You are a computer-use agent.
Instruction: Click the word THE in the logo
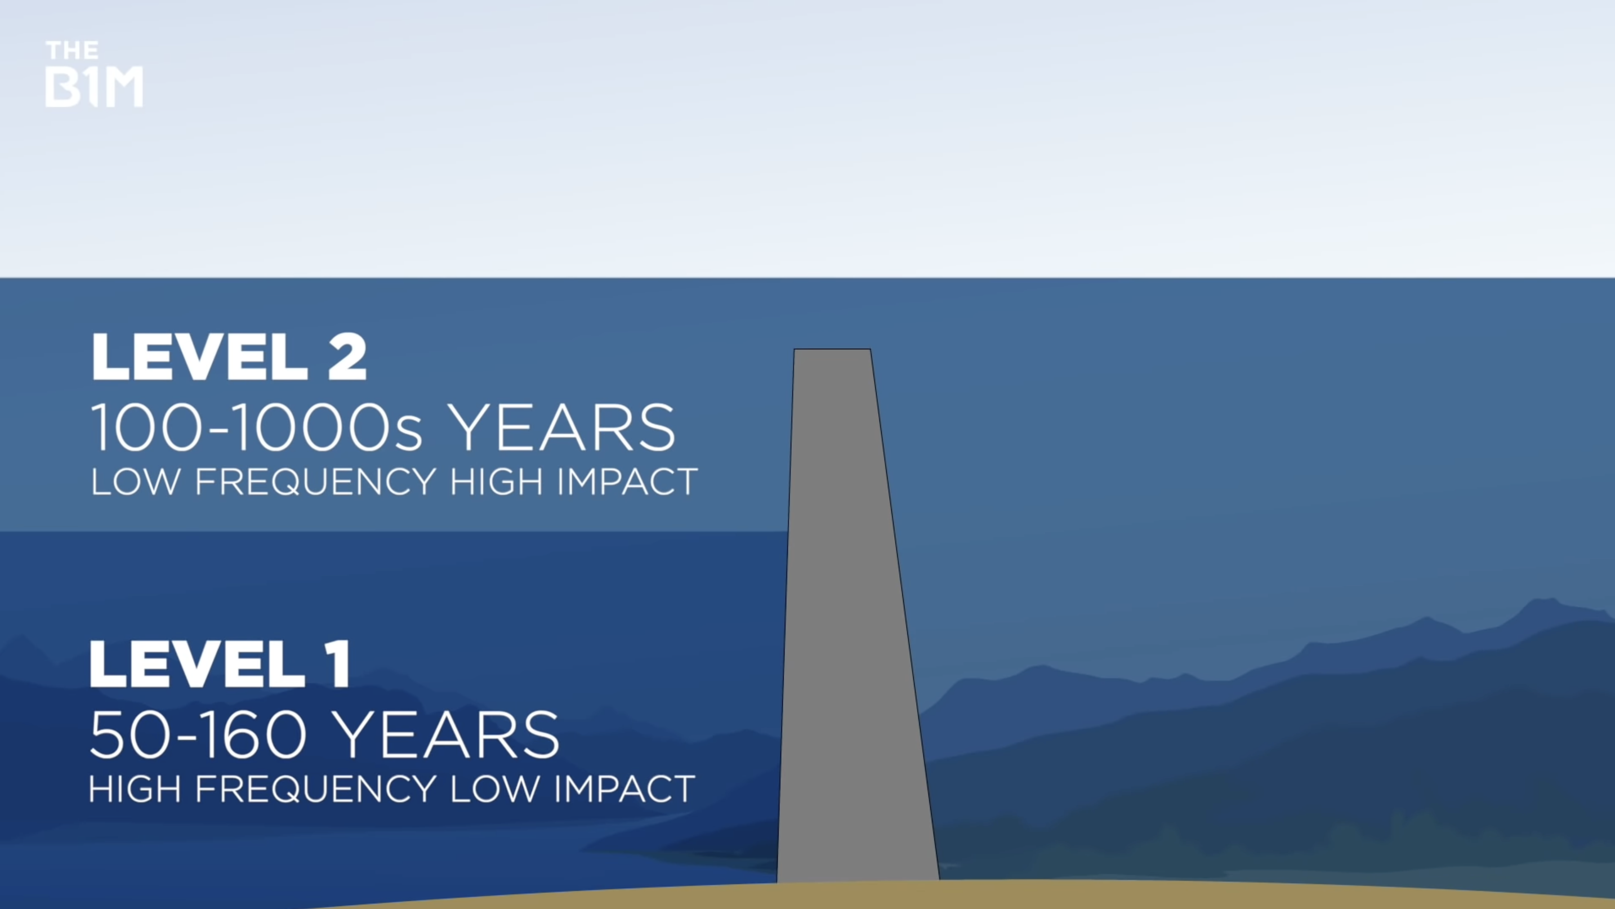[72, 51]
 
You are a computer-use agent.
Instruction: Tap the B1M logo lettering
[94, 87]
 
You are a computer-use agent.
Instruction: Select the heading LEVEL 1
[220, 664]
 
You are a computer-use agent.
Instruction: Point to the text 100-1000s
[256, 427]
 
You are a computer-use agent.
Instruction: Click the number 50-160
[198, 735]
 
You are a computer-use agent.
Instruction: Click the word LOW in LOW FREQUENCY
[135, 482]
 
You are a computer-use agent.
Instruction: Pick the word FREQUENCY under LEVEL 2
[315, 482]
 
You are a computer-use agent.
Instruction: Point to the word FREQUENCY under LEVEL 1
[315, 789]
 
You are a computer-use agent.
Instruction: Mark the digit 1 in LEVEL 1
[339, 664]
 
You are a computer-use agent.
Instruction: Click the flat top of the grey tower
[832, 349]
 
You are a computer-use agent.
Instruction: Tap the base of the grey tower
[858, 880]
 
